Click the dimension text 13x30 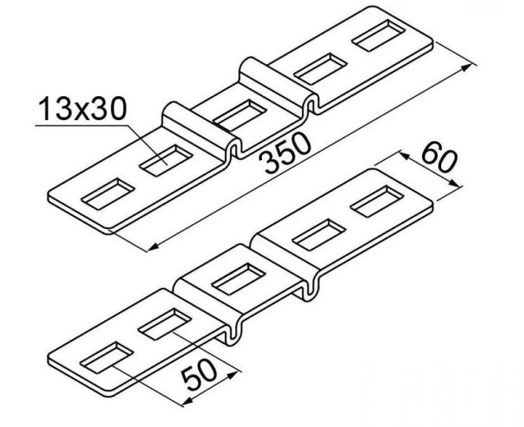tap(82, 109)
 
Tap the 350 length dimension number tap(287, 153)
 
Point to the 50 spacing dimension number tap(199, 376)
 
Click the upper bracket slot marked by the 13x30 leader tap(166, 161)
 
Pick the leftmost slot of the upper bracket tap(108, 194)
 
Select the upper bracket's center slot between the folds tap(239, 115)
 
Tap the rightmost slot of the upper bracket tap(378, 35)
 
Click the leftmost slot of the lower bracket tap(106, 357)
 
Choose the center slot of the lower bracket tap(239, 278)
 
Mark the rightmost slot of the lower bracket tap(377, 201)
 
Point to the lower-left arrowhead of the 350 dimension tap(154, 247)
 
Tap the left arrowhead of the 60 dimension tap(406, 156)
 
